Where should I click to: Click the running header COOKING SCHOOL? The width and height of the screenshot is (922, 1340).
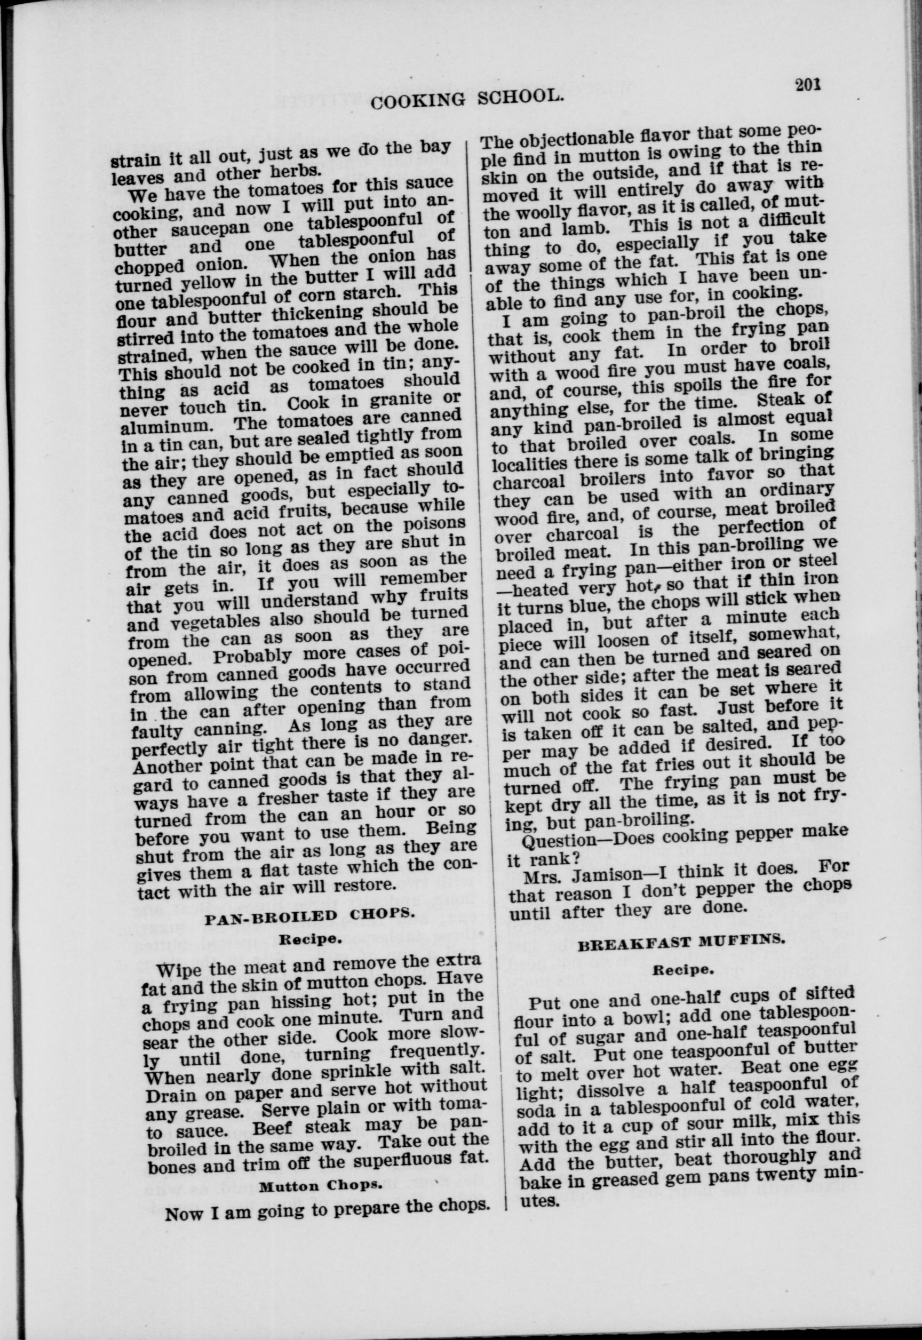(467, 99)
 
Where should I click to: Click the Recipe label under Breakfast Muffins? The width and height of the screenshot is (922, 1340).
(683, 970)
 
